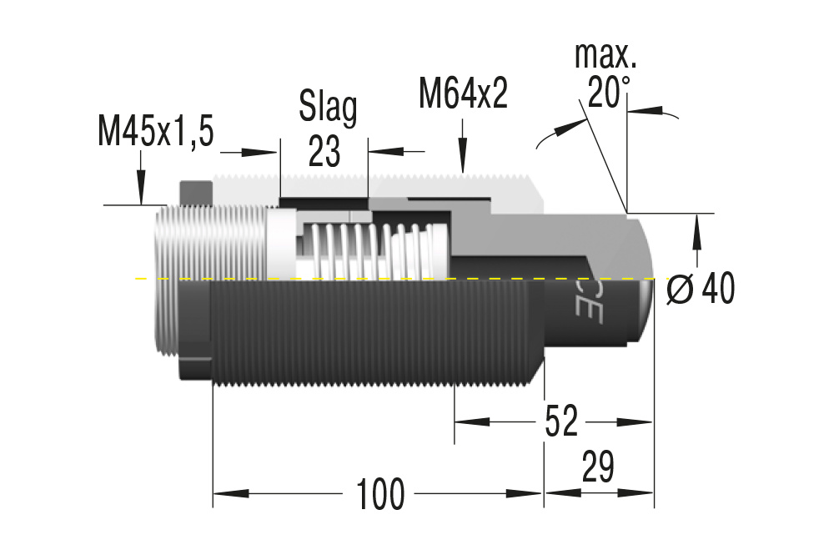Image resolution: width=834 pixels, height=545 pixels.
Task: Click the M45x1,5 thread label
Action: [156, 131]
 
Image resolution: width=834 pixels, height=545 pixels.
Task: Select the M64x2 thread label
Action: [463, 94]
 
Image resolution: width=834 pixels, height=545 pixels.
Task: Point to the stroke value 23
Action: [324, 151]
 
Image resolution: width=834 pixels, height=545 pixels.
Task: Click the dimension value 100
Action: [380, 494]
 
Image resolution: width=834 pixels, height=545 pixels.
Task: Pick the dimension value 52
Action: [561, 422]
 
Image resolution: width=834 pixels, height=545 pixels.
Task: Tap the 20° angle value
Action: [608, 93]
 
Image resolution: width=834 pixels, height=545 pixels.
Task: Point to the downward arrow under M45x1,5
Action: [141, 187]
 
